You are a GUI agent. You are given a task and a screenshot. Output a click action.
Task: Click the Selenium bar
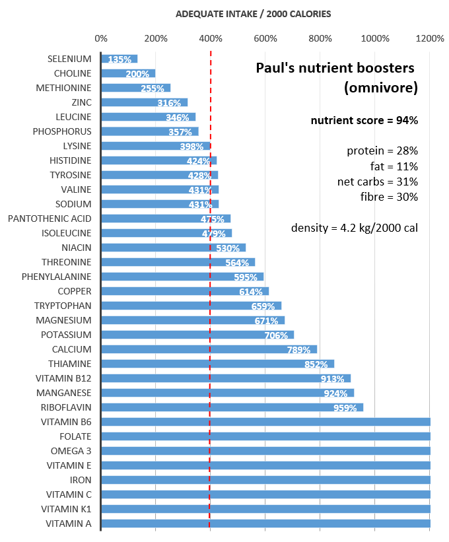click(x=119, y=59)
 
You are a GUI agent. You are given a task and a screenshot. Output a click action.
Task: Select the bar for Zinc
click(x=144, y=102)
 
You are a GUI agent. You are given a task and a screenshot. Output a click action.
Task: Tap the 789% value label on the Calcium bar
click(x=298, y=349)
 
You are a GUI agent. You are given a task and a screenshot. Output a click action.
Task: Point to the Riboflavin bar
click(x=231, y=407)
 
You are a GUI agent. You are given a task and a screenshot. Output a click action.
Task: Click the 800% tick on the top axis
click(x=320, y=38)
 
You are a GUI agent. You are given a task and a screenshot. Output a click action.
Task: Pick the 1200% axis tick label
click(x=430, y=38)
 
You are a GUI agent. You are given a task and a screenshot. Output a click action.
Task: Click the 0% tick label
click(x=101, y=38)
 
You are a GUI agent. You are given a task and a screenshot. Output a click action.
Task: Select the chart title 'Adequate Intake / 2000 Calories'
click(x=254, y=13)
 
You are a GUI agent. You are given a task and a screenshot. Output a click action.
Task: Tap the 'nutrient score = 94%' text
click(x=364, y=120)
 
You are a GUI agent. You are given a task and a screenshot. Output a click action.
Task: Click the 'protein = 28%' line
click(x=382, y=151)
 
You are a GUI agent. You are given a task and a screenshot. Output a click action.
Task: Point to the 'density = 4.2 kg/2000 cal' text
click(x=355, y=228)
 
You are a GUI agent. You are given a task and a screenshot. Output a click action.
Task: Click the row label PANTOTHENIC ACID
click(x=50, y=219)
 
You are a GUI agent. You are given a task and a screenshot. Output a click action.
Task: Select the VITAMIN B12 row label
click(x=63, y=378)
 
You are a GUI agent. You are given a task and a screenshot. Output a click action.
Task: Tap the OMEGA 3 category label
click(x=71, y=451)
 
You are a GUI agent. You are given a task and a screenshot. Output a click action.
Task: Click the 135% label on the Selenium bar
click(x=120, y=59)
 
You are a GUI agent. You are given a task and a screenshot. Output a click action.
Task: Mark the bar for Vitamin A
click(x=264, y=524)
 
